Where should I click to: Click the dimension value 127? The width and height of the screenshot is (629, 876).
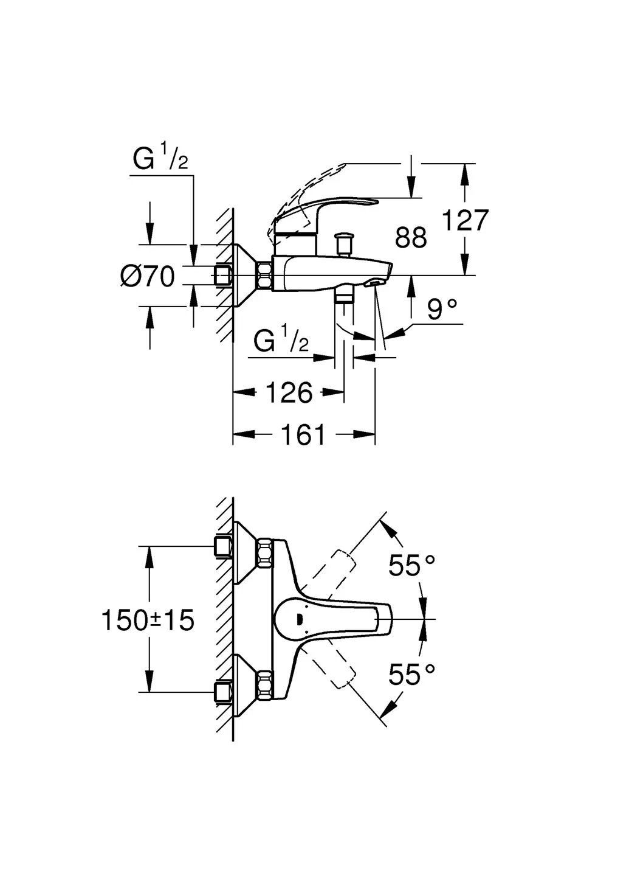[465, 220]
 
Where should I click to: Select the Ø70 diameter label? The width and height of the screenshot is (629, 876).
[147, 277]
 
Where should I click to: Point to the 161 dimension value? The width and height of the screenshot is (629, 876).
[303, 434]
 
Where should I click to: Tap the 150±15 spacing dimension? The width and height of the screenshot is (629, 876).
[148, 620]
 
